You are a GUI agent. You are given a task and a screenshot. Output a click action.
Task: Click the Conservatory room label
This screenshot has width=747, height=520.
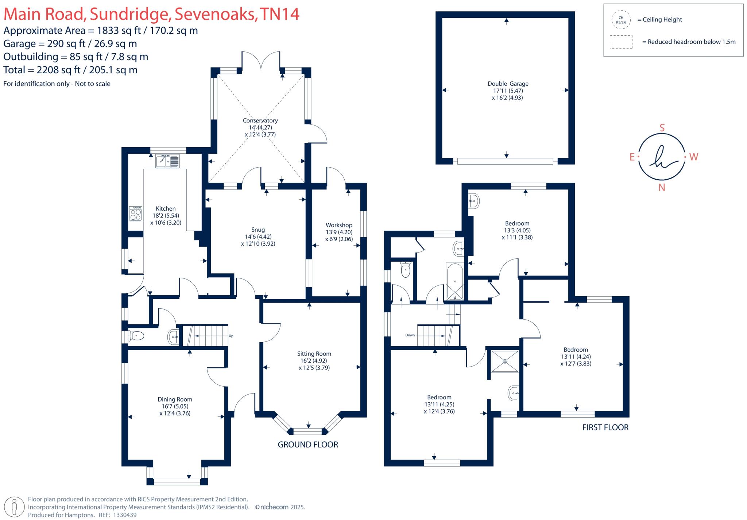260,121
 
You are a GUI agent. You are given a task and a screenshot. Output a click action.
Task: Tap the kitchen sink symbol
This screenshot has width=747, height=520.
167,161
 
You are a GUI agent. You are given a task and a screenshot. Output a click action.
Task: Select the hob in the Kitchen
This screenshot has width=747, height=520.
136,214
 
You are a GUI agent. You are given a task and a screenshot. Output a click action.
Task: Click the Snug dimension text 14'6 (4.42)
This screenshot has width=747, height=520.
258,236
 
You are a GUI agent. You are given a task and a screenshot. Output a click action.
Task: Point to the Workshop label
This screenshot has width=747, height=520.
339,225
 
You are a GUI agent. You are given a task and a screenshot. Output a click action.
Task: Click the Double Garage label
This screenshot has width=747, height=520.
508,84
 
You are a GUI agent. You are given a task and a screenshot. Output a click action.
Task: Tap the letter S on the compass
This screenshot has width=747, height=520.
662,128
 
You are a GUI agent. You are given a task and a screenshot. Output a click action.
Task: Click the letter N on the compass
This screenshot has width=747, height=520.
662,188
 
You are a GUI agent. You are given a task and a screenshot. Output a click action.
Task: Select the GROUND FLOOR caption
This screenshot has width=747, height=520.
308,445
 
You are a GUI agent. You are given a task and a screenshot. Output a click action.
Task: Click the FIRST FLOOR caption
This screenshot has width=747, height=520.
605,427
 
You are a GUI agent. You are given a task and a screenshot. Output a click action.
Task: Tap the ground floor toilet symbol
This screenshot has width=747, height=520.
136,336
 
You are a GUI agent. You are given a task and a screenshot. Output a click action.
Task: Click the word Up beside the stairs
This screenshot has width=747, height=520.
231,336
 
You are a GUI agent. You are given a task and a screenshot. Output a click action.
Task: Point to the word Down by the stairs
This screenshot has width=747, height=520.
410,335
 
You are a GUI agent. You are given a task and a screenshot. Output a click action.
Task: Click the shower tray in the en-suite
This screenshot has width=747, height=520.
505,361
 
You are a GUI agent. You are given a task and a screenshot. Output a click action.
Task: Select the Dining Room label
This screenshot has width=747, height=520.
175,399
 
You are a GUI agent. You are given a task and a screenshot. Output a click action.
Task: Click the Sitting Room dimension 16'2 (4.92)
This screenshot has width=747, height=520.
314,361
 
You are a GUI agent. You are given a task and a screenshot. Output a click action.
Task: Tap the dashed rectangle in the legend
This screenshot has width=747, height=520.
621,42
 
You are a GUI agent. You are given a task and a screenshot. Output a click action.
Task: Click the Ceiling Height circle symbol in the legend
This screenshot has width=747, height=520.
621,20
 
